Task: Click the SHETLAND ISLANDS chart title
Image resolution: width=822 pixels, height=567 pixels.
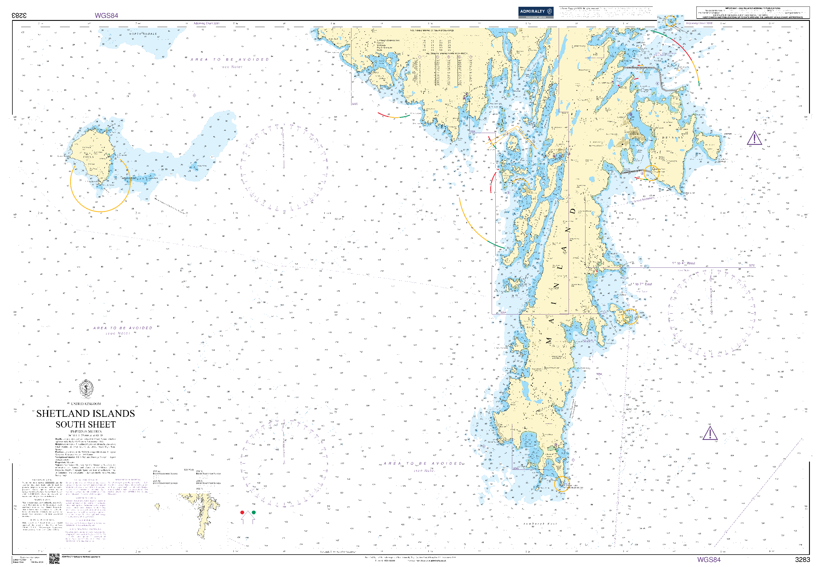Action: (86, 413)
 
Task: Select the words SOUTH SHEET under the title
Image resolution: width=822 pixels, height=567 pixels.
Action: (86, 424)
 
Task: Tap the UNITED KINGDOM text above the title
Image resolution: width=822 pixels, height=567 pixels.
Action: (86, 404)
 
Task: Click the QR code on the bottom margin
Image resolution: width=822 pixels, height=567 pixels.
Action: (54, 559)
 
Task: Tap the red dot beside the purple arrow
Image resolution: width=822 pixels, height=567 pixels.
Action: (242, 513)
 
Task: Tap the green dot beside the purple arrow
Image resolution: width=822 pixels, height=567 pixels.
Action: (253, 513)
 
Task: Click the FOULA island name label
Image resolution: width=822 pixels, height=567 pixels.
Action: (88, 157)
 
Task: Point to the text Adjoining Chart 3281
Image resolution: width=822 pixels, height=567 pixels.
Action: (207, 23)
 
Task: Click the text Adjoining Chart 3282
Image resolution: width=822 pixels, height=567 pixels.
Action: (699, 23)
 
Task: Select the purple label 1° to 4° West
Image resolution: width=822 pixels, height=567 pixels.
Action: (683, 263)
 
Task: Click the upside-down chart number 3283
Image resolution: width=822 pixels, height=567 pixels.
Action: (19, 15)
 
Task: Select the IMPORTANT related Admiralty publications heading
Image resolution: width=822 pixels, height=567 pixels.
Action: (752, 8)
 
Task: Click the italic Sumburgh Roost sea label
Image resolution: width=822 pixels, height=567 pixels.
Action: (540, 524)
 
